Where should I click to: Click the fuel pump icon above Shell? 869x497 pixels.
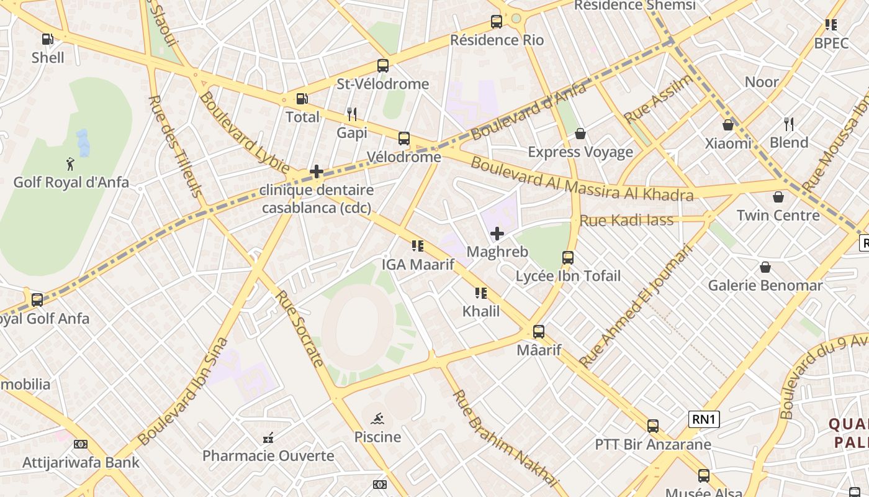pyautogui.click(x=47, y=39)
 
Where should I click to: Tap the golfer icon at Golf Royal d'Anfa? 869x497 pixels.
pyautogui.click(x=70, y=164)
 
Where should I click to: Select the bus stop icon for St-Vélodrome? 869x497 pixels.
pyautogui.click(x=383, y=65)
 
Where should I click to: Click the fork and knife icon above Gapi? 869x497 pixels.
pyautogui.click(x=352, y=114)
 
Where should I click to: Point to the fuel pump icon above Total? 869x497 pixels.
pyautogui.click(x=302, y=98)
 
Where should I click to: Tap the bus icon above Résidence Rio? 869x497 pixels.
pyautogui.click(x=497, y=22)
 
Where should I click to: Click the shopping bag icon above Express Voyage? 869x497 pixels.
pyautogui.click(x=580, y=134)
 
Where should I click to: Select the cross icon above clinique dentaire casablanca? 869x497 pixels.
pyautogui.click(x=317, y=171)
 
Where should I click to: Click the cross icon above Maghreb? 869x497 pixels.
pyautogui.click(x=497, y=234)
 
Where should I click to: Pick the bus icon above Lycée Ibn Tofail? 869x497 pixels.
pyautogui.click(x=568, y=257)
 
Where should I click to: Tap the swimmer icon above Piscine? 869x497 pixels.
pyautogui.click(x=377, y=418)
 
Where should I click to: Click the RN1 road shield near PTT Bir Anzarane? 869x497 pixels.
pyautogui.click(x=704, y=419)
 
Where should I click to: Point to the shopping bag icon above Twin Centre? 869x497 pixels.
pyautogui.click(x=778, y=197)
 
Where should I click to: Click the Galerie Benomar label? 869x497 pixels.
pyautogui.click(x=765, y=286)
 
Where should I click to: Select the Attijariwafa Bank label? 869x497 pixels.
pyautogui.click(x=81, y=463)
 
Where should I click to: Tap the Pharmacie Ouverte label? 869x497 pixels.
pyautogui.click(x=268, y=456)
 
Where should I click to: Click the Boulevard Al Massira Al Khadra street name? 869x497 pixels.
pyautogui.click(x=581, y=180)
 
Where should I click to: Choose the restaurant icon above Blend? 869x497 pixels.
pyautogui.click(x=789, y=124)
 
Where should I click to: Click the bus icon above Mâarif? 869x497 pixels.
pyautogui.click(x=539, y=332)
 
